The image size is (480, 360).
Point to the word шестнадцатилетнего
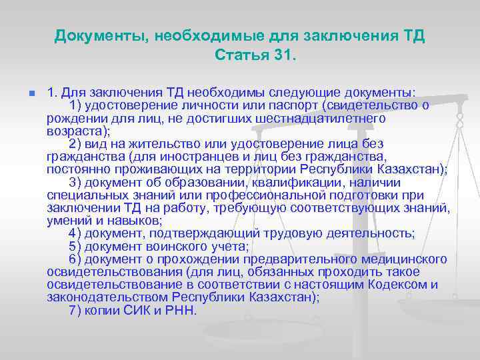(x=329, y=118)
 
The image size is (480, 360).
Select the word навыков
(x=133, y=220)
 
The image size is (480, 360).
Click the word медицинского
(x=403, y=259)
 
